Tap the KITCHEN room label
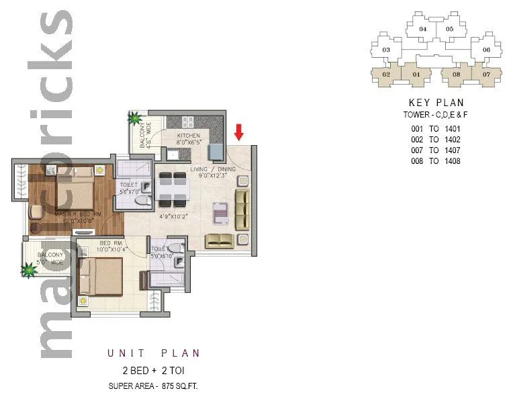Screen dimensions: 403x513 (189, 139)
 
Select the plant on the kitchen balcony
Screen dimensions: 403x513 (136, 119)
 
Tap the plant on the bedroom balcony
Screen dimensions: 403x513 (29, 270)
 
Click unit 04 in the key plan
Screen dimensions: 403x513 (422, 30)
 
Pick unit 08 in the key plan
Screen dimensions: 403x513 (456, 74)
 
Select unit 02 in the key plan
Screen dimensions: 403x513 (386, 74)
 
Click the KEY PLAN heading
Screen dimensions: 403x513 (436, 103)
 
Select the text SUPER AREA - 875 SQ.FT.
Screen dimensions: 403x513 (153, 386)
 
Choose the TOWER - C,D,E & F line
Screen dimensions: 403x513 (436, 116)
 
